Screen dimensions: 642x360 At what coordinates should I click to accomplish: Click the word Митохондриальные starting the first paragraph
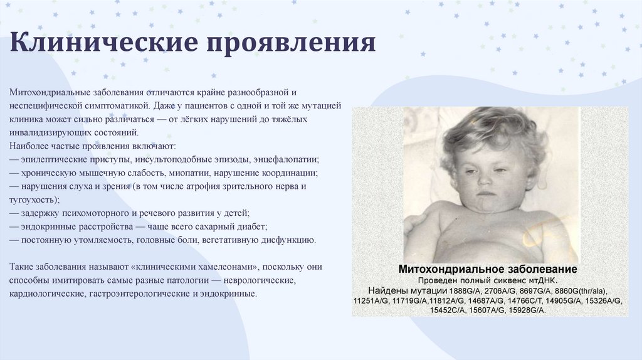[50, 92]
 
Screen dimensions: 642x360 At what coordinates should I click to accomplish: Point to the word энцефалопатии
[286, 159]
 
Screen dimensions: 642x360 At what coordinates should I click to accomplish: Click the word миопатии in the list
[190, 173]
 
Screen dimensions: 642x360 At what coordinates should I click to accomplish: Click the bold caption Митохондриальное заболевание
[488, 269]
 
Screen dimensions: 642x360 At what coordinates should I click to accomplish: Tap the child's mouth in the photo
[486, 194]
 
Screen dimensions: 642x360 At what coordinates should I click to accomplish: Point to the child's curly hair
[495, 131]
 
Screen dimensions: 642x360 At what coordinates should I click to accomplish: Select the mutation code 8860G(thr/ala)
[581, 291]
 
